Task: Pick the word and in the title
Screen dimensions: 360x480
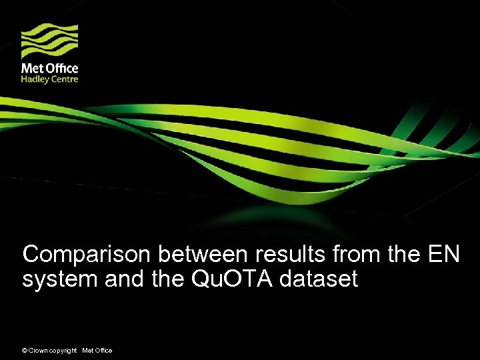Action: pos(122,279)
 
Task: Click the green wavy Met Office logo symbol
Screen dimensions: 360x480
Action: pos(49,41)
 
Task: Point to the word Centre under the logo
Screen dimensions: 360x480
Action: pos(65,79)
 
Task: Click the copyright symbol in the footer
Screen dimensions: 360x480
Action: pos(25,351)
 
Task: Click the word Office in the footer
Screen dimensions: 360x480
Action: pos(103,351)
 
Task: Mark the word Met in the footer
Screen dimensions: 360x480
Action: pos(87,351)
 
